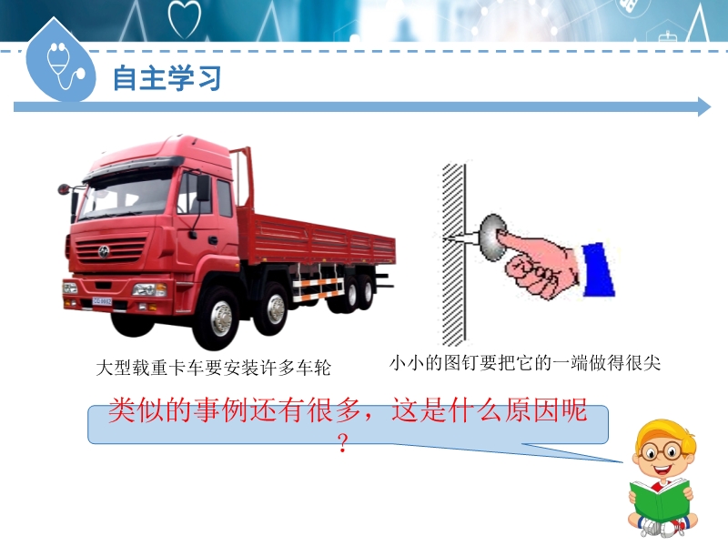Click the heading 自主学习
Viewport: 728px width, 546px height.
(167, 77)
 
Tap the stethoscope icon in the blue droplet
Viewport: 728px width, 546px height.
(65, 66)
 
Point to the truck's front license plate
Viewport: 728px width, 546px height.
(102, 301)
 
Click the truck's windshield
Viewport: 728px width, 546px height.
(126, 197)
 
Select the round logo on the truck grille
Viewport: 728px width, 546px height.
(103, 252)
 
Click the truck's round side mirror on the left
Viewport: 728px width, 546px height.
(63, 189)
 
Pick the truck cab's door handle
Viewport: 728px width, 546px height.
(213, 240)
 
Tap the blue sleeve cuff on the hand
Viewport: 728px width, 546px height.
(599, 269)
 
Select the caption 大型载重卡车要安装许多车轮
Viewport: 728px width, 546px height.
(213, 368)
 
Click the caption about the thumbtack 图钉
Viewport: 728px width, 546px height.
(525, 363)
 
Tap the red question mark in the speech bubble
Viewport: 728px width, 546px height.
(343, 443)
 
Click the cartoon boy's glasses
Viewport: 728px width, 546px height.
(659, 451)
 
